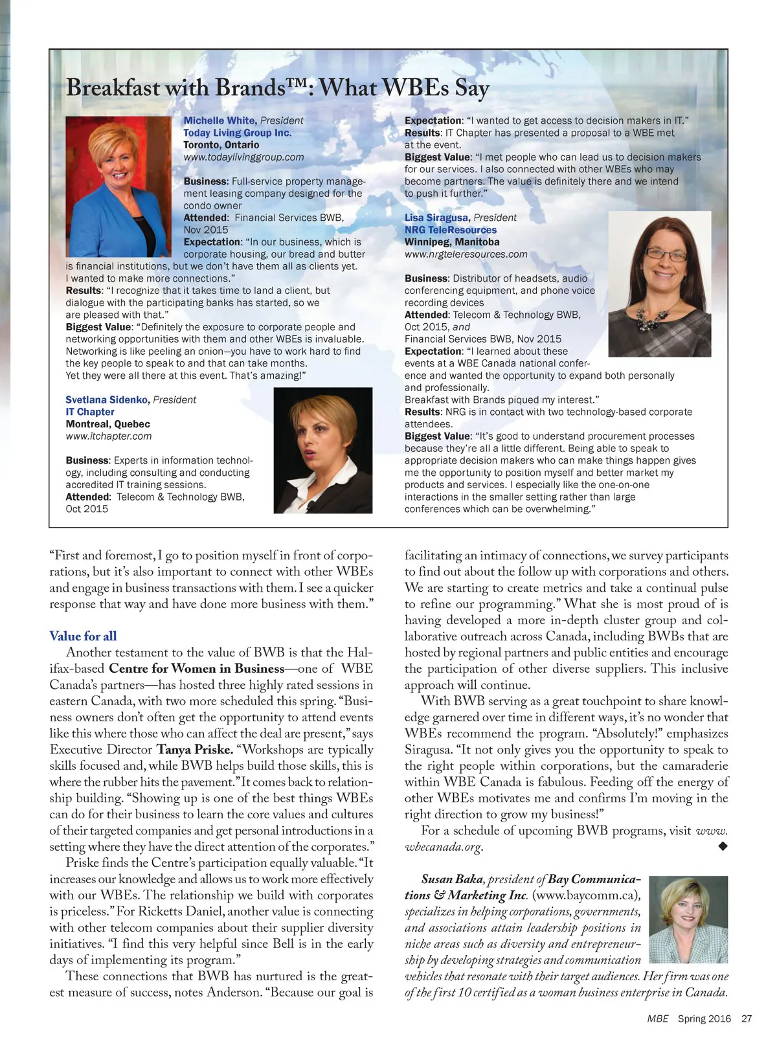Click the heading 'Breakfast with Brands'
(277, 88)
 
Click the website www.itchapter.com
(109, 436)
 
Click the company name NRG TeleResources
(451, 230)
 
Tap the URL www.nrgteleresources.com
(466, 254)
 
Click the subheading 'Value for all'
(83, 636)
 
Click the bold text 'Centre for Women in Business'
(197, 669)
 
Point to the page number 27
(747, 1018)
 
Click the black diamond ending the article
(723, 846)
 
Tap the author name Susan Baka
(452, 879)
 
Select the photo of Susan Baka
(688, 919)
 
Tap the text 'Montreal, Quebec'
(107, 424)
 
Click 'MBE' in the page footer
(658, 1018)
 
